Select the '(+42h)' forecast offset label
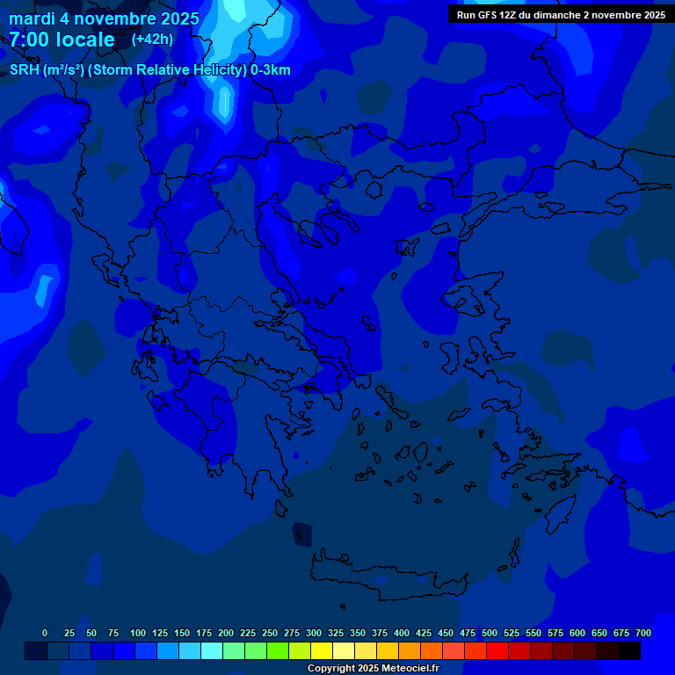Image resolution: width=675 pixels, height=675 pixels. (x=152, y=39)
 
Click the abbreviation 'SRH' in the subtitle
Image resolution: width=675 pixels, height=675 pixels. (x=24, y=70)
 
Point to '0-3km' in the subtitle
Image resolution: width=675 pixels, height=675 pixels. (x=271, y=70)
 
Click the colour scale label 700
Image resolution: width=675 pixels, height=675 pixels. (x=643, y=633)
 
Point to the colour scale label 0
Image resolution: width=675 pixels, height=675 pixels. (x=45, y=633)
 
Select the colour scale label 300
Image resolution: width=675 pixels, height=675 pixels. (x=314, y=633)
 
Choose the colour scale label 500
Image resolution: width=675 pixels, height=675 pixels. (x=490, y=633)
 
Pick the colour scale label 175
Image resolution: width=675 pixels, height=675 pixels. (x=204, y=633)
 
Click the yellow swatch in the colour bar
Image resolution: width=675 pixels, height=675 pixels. (x=322, y=651)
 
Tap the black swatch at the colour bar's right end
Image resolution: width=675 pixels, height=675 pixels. (x=629, y=651)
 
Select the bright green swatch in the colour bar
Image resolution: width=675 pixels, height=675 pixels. (x=278, y=651)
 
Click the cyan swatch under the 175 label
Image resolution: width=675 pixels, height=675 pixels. (x=212, y=651)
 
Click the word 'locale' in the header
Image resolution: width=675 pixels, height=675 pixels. (x=85, y=40)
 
